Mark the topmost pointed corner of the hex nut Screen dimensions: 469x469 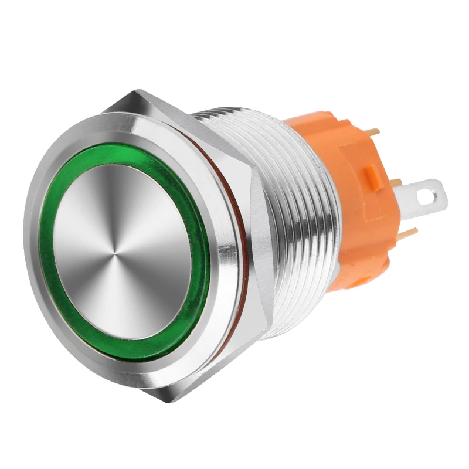pyautogui.click(x=137, y=91)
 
